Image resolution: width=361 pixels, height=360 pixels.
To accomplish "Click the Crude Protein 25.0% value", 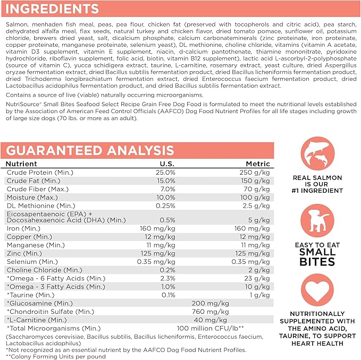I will click(165, 173).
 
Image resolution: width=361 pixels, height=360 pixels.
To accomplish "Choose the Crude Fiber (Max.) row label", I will click(32, 189).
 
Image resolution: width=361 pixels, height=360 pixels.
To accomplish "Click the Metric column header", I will click(258, 164).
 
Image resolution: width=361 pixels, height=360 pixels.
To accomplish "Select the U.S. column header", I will click(167, 164).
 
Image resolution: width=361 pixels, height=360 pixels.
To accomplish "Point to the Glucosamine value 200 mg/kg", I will click(211, 303).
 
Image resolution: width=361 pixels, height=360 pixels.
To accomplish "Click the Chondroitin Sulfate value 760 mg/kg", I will click(211, 311).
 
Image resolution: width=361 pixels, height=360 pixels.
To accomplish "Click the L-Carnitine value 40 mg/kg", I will click(212, 320).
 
